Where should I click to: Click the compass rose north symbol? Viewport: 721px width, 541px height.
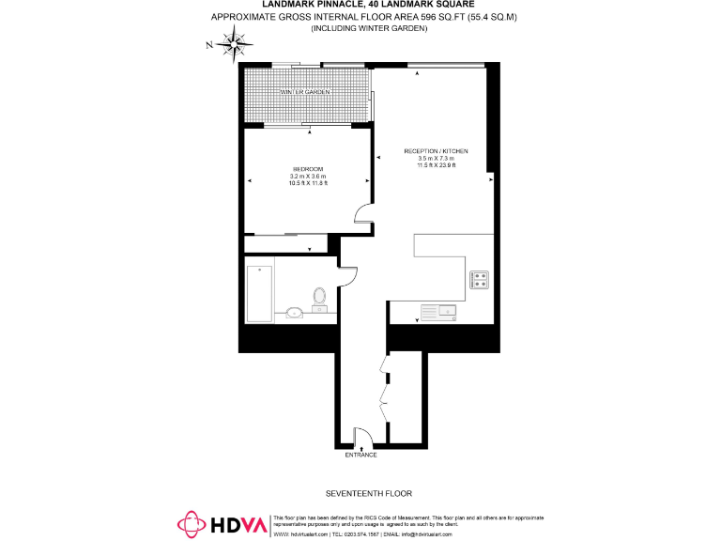pos(232,42)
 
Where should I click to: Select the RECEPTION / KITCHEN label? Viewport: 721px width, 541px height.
pos(436,151)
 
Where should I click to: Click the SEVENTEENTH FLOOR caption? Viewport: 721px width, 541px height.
pos(368,493)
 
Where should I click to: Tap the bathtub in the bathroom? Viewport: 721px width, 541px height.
pos(259,293)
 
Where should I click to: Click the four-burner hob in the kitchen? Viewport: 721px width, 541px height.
pos(479,279)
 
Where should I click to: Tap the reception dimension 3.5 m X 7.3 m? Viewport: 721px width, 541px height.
pos(436,159)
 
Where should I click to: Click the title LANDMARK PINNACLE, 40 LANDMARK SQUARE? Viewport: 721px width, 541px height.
pos(368,6)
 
